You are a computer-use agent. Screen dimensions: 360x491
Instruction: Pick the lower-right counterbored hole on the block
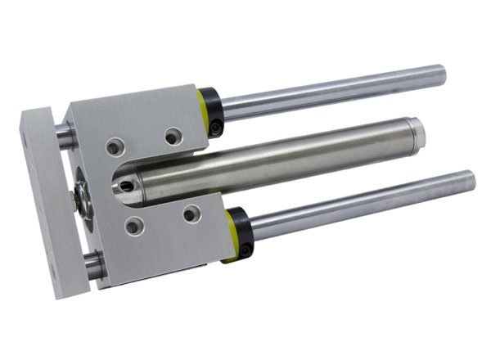pyautogui.click(x=191, y=214)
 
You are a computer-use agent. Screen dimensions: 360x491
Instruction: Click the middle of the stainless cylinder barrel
pyautogui.click(x=270, y=160)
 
